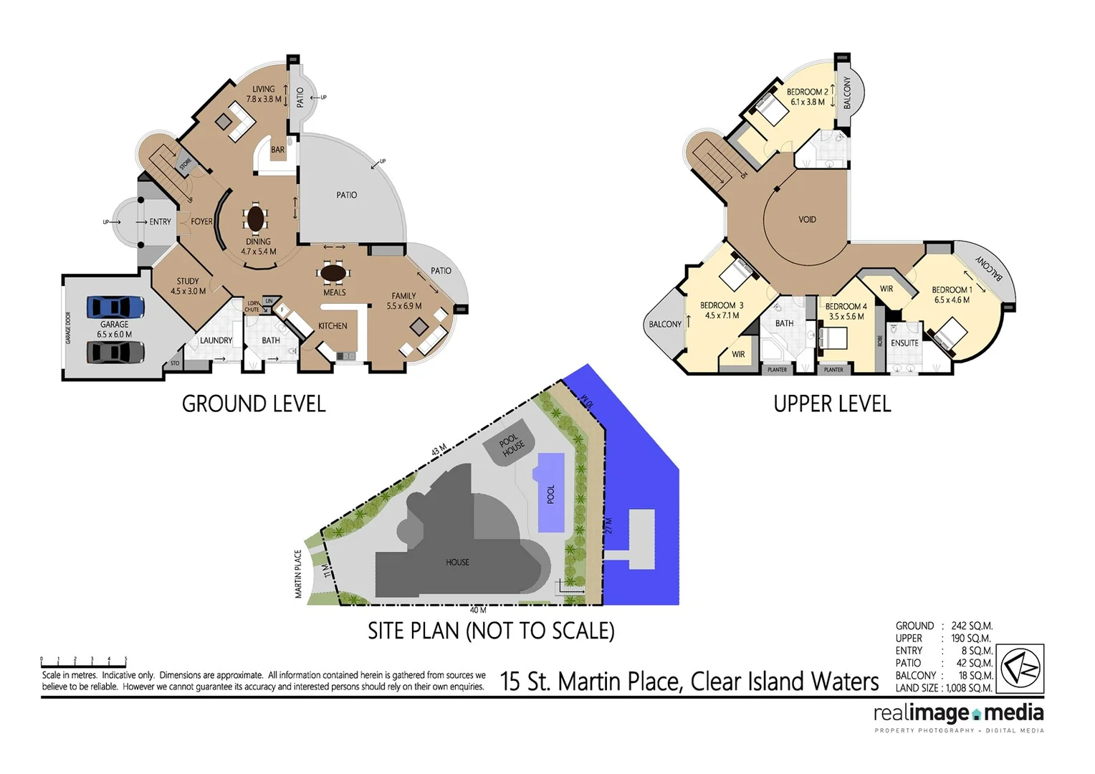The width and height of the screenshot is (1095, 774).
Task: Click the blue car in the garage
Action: [115, 307]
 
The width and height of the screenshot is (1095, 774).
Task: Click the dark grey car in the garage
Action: [115, 353]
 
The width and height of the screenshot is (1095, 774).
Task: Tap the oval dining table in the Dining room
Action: [256, 218]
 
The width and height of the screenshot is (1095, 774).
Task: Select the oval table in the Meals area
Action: [334, 273]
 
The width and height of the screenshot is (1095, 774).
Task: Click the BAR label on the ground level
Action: [278, 150]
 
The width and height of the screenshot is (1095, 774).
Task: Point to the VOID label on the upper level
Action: [807, 219]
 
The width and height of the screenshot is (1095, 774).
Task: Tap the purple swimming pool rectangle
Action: [550, 492]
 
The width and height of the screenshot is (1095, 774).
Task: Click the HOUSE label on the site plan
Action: [457, 563]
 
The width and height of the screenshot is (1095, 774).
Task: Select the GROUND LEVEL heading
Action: [254, 404]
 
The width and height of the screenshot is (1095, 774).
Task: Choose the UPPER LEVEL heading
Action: [832, 404]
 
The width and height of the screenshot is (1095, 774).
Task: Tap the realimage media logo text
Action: [958, 713]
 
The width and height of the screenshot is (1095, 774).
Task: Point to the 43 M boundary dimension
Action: [439, 450]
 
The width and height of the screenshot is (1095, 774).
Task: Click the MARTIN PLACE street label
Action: [298, 574]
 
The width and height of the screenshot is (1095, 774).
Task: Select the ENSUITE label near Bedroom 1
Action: [904, 343]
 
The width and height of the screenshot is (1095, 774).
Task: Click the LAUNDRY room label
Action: [216, 340]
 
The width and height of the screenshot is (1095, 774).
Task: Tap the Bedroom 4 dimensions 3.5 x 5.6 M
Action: [846, 316]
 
